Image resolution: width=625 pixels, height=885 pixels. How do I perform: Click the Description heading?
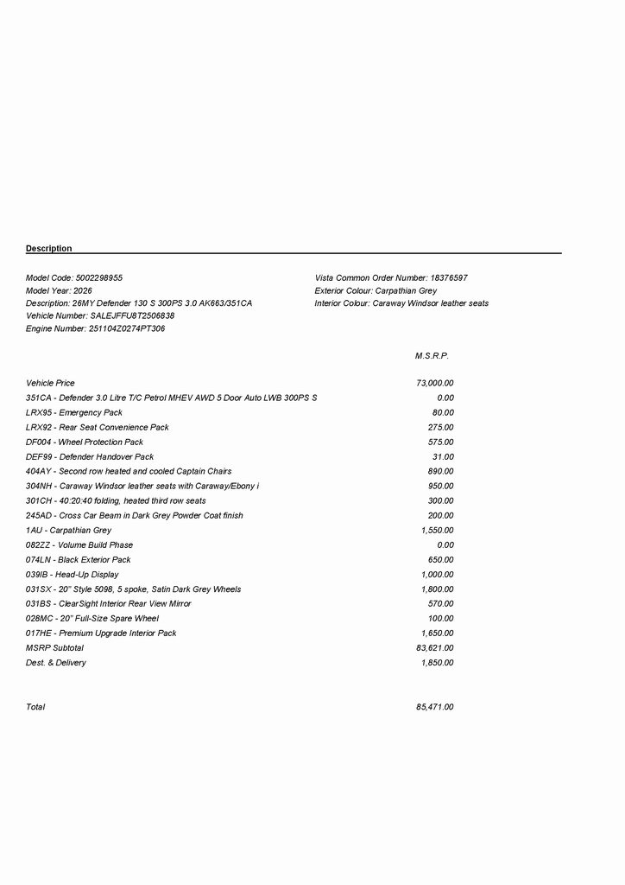(x=49, y=249)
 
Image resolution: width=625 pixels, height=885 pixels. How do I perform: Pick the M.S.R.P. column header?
(x=432, y=356)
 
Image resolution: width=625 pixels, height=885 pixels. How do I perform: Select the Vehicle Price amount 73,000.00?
(x=435, y=383)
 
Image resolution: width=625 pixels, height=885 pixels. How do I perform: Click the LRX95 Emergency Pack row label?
(x=74, y=413)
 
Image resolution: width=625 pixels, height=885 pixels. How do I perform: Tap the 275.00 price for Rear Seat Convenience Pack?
(x=440, y=428)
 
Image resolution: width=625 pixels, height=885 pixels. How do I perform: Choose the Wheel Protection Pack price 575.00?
(x=440, y=442)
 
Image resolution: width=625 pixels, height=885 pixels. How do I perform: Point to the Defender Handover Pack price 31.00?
(x=443, y=457)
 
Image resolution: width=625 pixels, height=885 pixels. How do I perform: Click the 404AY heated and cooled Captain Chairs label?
(x=129, y=472)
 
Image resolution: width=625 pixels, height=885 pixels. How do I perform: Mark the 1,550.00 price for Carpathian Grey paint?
(x=437, y=531)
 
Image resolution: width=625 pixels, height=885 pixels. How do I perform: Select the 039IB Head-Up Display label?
(x=73, y=575)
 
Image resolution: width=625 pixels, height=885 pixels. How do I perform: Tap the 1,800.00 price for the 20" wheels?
(x=437, y=589)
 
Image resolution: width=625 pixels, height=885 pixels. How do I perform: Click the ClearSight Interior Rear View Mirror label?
(x=109, y=604)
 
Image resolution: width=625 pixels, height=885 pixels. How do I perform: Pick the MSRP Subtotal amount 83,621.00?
(x=435, y=648)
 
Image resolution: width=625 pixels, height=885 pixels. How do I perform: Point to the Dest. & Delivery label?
(x=56, y=663)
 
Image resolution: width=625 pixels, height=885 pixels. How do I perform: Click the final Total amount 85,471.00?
(x=435, y=708)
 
